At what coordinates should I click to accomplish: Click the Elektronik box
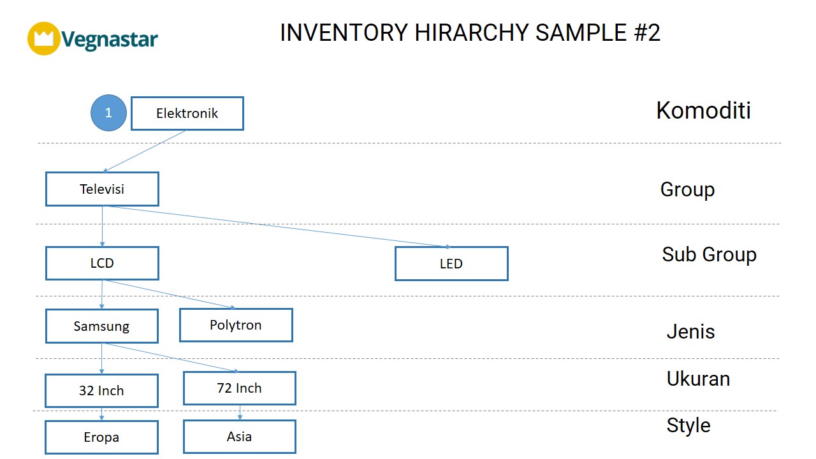click(187, 113)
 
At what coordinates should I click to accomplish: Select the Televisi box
click(102, 189)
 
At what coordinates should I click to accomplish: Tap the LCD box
click(102, 263)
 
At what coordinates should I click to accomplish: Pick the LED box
click(451, 263)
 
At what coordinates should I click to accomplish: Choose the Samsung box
click(101, 326)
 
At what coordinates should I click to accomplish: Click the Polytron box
click(236, 325)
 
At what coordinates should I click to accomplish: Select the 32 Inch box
click(101, 391)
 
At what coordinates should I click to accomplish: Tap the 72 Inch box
click(240, 388)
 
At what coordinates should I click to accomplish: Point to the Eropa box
click(101, 437)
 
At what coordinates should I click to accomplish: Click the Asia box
click(240, 437)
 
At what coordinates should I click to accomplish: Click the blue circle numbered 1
click(108, 113)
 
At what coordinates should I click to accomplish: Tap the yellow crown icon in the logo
click(44, 38)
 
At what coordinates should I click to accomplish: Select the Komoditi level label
click(703, 110)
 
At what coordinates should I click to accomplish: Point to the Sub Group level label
click(709, 254)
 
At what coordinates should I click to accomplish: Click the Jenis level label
click(690, 331)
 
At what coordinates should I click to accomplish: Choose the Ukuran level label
click(698, 379)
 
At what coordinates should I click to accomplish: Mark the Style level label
click(688, 425)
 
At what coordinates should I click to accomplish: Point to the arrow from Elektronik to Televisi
click(144, 151)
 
